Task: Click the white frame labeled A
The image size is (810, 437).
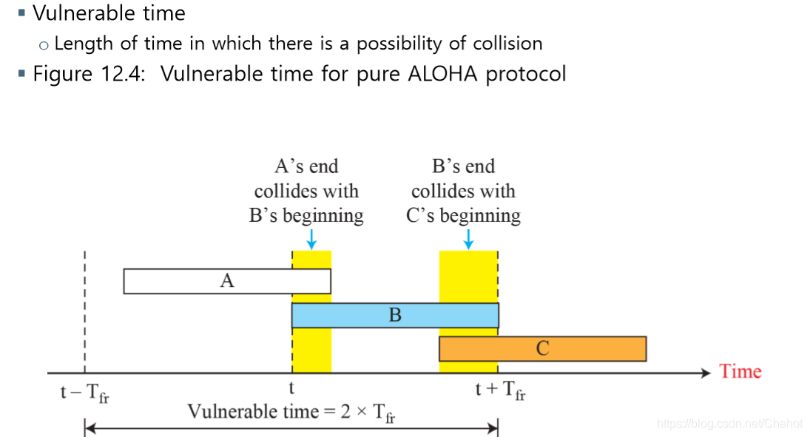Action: click(x=226, y=281)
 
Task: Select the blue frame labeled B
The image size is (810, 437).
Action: click(x=395, y=316)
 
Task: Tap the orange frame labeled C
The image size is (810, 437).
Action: click(x=542, y=349)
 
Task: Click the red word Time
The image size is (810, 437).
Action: click(x=740, y=371)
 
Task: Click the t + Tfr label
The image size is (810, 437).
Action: click(x=500, y=391)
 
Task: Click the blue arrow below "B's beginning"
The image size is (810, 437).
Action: click(x=311, y=239)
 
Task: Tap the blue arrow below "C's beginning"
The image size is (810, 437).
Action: click(x=468, y=239)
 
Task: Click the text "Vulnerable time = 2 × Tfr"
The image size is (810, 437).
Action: click(x=291, y=413)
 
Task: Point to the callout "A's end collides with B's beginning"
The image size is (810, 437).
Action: click(x=306, y=191)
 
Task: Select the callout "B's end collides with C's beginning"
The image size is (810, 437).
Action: click(x=463, y=191)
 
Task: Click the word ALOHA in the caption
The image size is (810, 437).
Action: click(x=433, y=74)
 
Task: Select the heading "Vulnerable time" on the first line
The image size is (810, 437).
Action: click(x=109, y=13)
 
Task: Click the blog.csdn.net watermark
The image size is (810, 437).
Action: click(x=729, y=424)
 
